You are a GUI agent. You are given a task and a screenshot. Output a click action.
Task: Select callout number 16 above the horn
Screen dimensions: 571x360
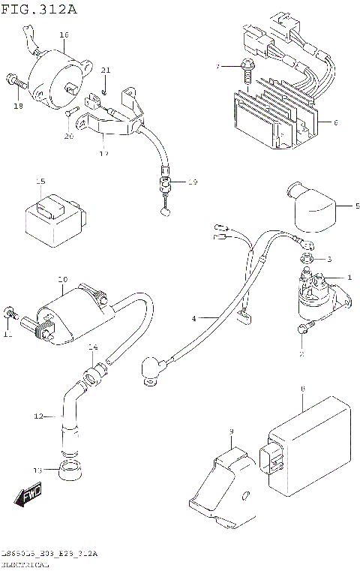click(64, 35)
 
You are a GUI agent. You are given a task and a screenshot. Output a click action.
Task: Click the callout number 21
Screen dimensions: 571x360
click(106, 71)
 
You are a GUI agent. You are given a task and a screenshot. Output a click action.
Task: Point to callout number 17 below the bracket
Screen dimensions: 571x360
click(103, 153)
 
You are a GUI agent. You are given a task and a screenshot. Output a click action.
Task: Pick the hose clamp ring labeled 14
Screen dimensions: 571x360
click(92, 370)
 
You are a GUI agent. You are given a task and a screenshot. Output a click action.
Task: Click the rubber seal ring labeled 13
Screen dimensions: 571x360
click(70, 472)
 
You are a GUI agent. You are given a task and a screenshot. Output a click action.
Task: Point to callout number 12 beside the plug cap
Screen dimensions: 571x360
click(40, 416)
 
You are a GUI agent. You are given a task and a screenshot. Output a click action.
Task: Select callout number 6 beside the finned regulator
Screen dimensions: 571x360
click(334, 123)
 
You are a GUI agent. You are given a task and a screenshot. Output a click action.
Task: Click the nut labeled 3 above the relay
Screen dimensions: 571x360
click(307, 260)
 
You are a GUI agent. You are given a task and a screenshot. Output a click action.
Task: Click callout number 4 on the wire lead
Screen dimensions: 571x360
click(193, 318)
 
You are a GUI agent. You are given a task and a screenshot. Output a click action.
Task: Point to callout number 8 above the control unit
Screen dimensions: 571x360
click(301, 389)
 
